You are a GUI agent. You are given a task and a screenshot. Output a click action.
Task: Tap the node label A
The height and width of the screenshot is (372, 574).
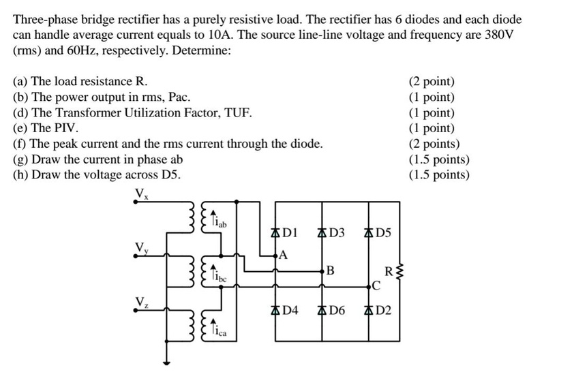click(284, 255)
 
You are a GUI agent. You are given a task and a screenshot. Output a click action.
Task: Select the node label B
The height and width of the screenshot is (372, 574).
click(330, 270)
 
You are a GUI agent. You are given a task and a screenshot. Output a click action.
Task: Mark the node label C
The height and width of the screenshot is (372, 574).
click(376, 285)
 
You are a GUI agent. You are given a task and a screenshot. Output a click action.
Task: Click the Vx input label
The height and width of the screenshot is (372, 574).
click(140, 193)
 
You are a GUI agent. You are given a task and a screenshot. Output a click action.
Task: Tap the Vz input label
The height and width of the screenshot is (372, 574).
click(140, 300)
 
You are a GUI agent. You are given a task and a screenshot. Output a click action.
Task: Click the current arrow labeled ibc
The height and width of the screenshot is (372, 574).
click(213, 272)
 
